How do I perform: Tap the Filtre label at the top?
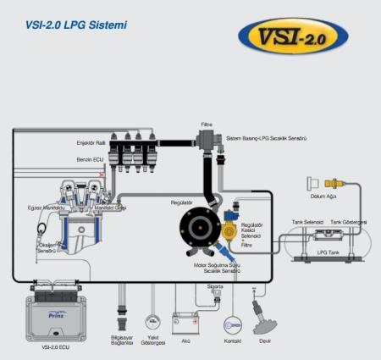click(x=206, y=124)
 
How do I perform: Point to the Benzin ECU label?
click(x=90, y=159)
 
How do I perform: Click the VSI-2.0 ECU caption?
click(x=50, y=347)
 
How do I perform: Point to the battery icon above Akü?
click(x=185, y=323)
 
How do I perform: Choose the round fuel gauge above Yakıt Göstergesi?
click(x=153, y=323)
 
